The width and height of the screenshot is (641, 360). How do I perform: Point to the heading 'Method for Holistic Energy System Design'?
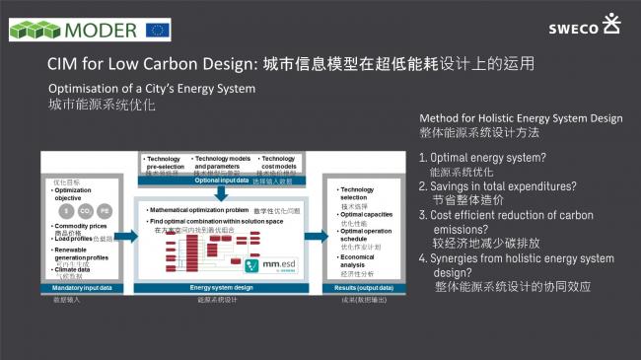(x=521, y=118)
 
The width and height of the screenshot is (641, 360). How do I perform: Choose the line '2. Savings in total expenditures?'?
(x=498, y=184)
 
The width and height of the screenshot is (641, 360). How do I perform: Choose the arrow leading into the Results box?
(x=313, y=236)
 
